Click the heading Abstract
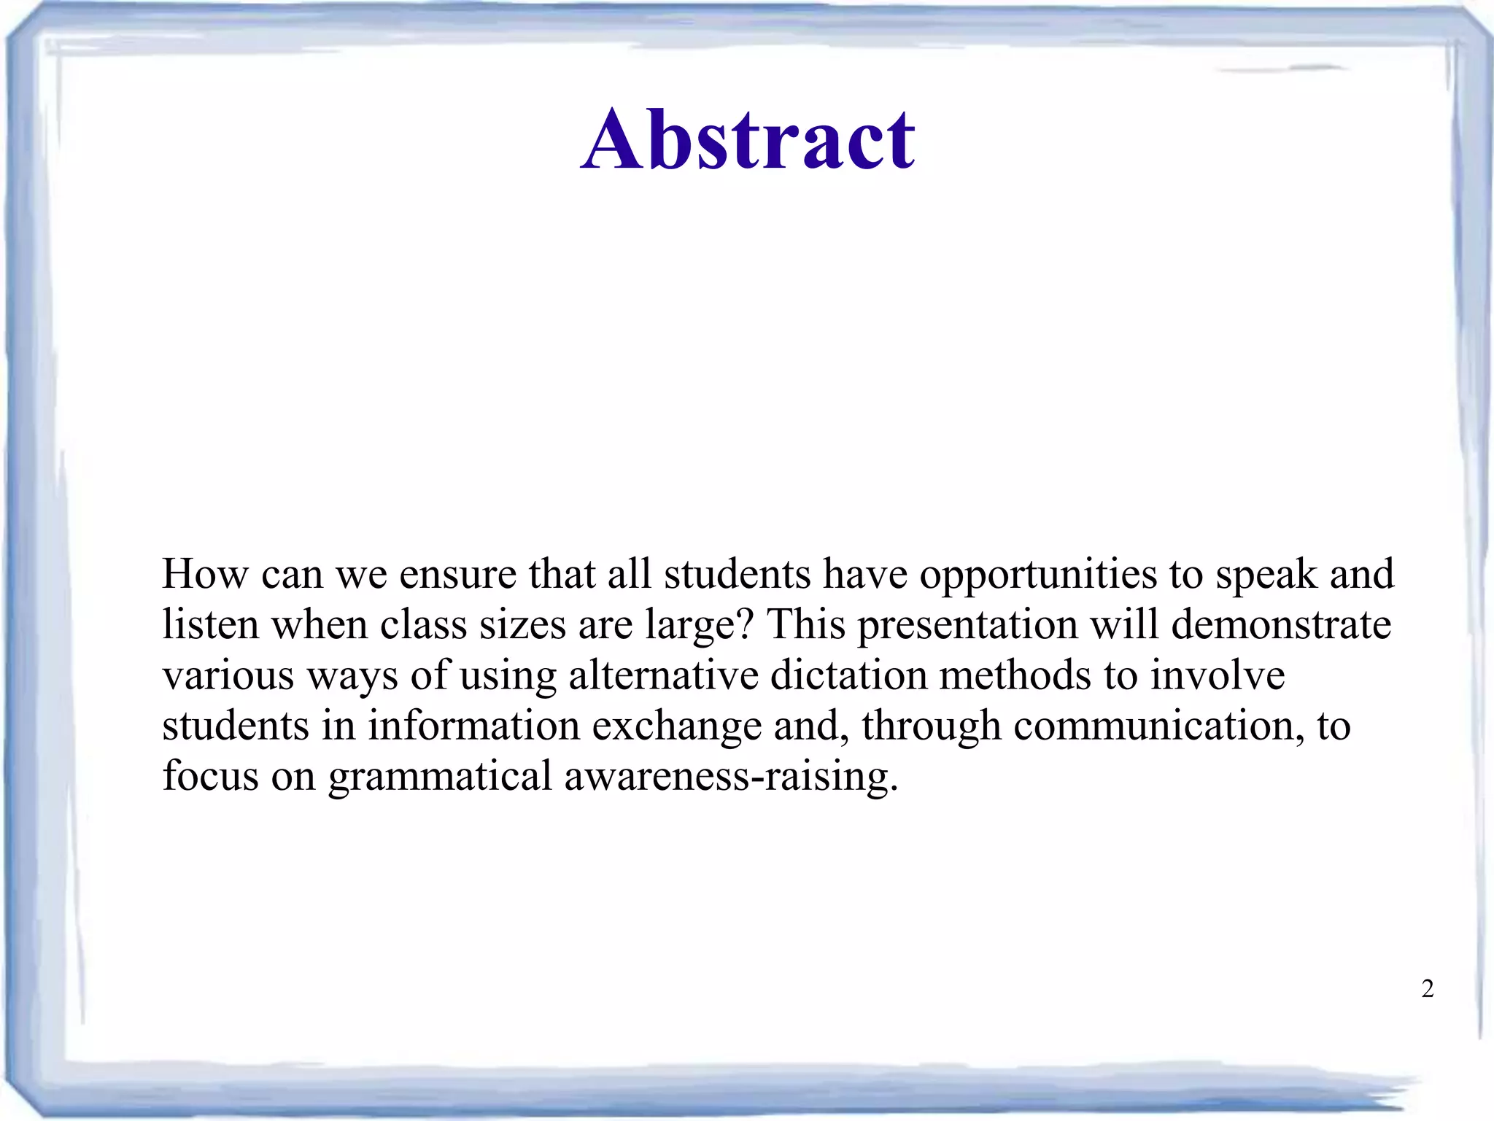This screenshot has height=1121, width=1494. tap(748, 139)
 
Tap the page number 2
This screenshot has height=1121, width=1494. tap(1428, 989)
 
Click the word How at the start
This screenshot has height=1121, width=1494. tap(205, 574)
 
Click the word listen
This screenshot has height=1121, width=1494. tap(211, 625)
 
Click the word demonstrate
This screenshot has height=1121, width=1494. tap(1281, 625)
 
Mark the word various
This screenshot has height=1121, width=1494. tap(228, 676)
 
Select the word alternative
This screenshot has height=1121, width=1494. tap(663, 676)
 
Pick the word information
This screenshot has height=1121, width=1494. tap(473, 726)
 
